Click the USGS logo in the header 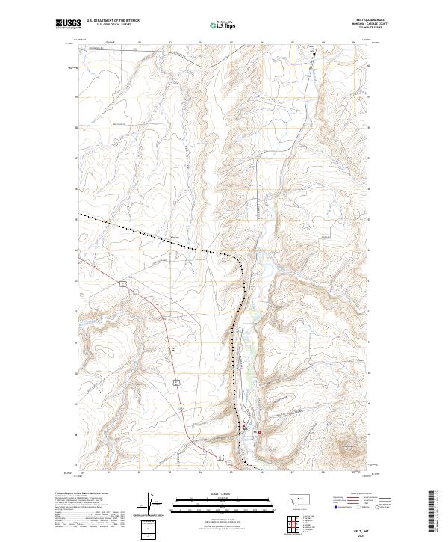[x=66, y=24]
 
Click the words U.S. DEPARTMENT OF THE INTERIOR [x=113, y=21]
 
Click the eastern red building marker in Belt [x=259, y=433]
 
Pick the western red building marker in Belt [x=243, y=429]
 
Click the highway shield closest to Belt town [x=221, y=456]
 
